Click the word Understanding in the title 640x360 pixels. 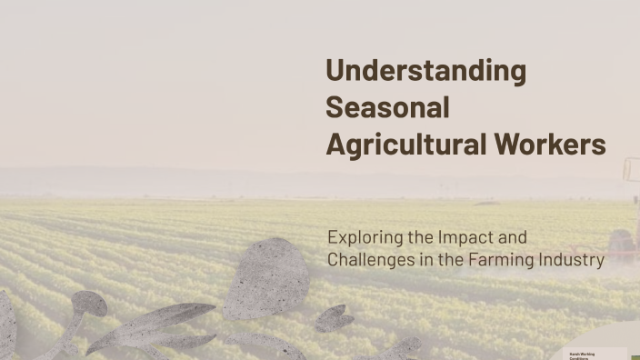(425, 71)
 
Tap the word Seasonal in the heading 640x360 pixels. (387, 107)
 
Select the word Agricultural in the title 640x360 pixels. (406, 145)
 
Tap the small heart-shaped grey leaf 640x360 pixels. (334, 317)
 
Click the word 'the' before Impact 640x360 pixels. (421, 238)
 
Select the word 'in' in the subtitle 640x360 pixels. (425, 260)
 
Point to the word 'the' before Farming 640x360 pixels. (452, 260)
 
